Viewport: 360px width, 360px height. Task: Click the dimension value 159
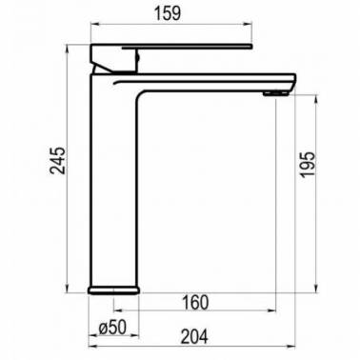point(168,13)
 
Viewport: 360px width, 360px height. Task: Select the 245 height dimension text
point(58,160)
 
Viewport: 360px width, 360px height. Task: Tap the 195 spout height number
point(308,165)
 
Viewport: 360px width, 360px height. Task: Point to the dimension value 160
point(195,303)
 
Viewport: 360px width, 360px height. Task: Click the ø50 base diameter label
point(112,328)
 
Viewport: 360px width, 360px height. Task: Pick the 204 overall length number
point(194,336)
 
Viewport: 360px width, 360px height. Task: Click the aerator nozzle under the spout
point(275,92)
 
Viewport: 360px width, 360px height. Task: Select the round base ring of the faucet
point(113,290)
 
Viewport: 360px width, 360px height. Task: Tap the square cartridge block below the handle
point(113,58)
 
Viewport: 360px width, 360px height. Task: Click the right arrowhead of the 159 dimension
point(248,23)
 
